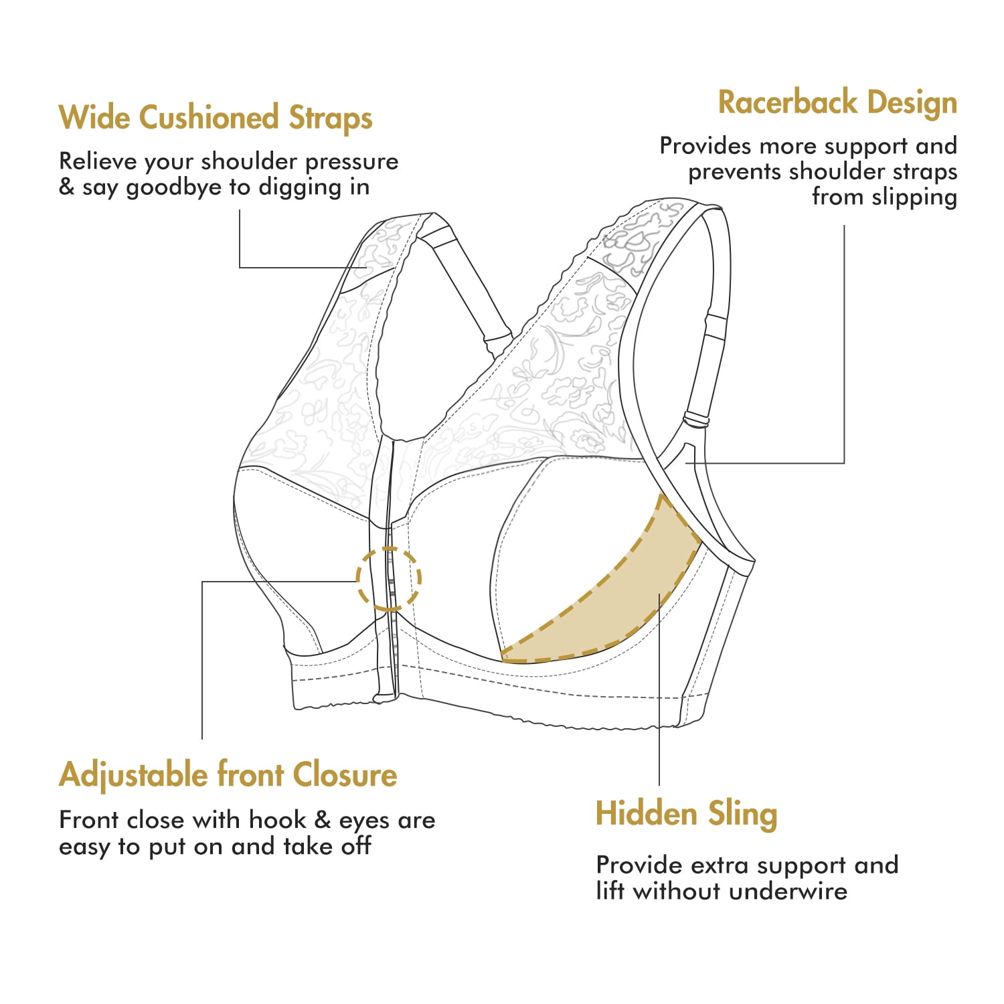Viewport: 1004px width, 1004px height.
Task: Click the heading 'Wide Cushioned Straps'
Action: click(216, 118)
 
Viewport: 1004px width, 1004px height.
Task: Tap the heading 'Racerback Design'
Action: click(837, 102)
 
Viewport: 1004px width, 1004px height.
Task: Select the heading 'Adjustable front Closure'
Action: click(228, 775)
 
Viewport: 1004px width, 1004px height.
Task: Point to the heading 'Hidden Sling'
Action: click(687, 814)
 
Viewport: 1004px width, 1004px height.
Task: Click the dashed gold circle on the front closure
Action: click(357, 579)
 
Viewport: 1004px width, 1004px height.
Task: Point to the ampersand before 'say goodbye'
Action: click(66, 187)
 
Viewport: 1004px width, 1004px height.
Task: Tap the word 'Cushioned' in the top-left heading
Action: click(209, 118)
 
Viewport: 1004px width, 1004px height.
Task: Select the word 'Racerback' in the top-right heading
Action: click(788, 102)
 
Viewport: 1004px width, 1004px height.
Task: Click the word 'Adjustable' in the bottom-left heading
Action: click(134, 776)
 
